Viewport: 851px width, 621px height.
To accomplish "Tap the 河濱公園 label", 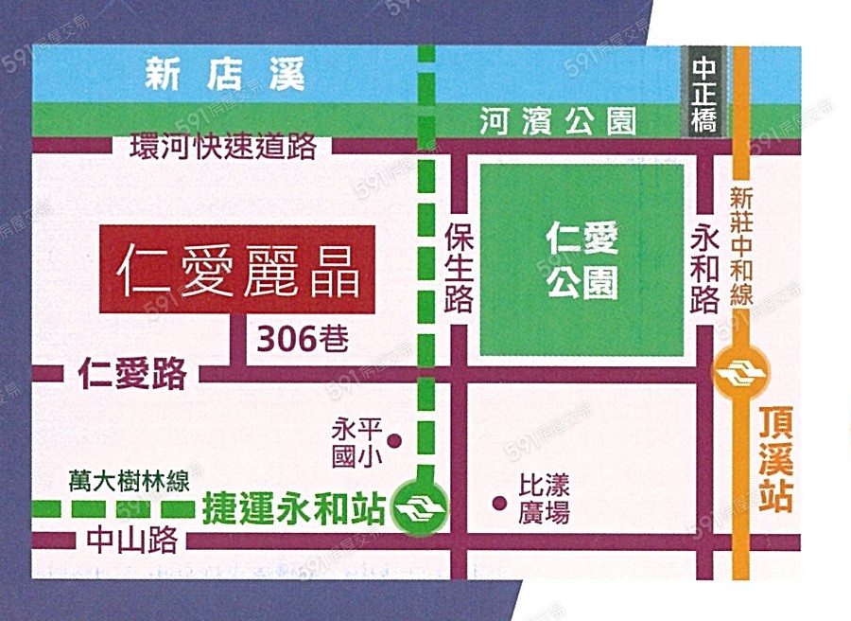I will click(x=558, y=120).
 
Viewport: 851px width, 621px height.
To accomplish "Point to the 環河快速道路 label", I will click(x=223, y=149).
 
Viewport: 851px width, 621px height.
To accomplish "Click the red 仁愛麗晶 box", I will click(x=237, y=271).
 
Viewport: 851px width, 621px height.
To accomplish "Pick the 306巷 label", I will click(x=302, y=338).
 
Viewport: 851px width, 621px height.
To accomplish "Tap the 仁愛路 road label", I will click(x=133, y=375).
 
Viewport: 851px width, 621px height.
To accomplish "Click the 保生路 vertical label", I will click(x=458, y=269).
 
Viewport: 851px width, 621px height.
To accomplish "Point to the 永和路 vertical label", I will click(x=705, y=268).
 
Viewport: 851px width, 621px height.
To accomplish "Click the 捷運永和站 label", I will click(x=294, y=510).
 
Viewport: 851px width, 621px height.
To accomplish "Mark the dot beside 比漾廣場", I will click(x=498, y=503).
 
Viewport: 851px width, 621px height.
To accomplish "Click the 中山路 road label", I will click(x=131, y=541).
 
